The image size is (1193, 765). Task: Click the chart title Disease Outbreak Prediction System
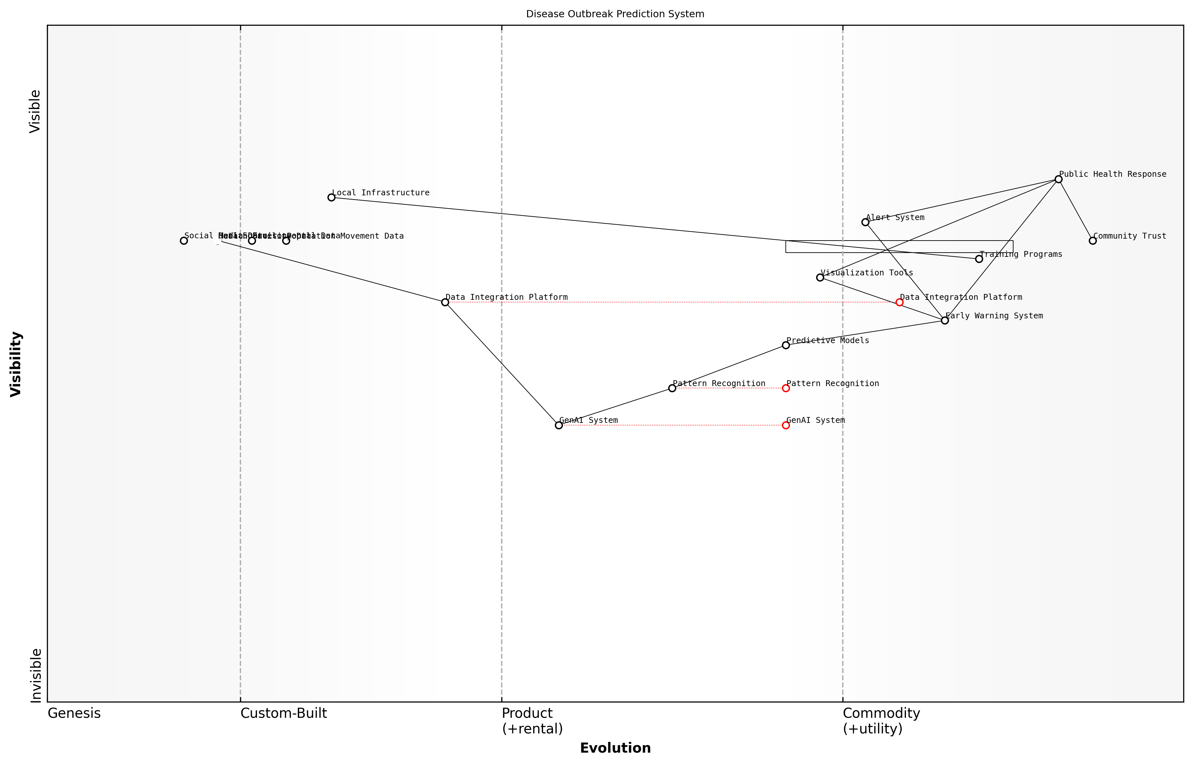(x=615, y=14)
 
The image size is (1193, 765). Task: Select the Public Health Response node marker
(x=1058, y=179)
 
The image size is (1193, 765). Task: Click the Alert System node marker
(x=865, y=222)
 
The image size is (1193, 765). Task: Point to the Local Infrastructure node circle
(x=332, y=198)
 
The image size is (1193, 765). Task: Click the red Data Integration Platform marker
(x=899, y=302)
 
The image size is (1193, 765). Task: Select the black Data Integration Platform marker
(x=445, y=302)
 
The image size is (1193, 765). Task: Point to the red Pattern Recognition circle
(x=786, y=388)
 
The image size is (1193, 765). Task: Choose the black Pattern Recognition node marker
(x=672, y=388)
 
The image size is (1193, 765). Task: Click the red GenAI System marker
(x=786, y=425)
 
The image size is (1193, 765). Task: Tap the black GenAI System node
(x=559, y=425)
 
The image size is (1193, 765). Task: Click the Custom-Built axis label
(x=283, y=713)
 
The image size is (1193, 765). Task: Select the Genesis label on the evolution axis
(x=74, y=713)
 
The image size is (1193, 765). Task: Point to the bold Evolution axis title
(x=615, y=748)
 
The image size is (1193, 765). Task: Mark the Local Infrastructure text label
(x=381, y=193)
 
